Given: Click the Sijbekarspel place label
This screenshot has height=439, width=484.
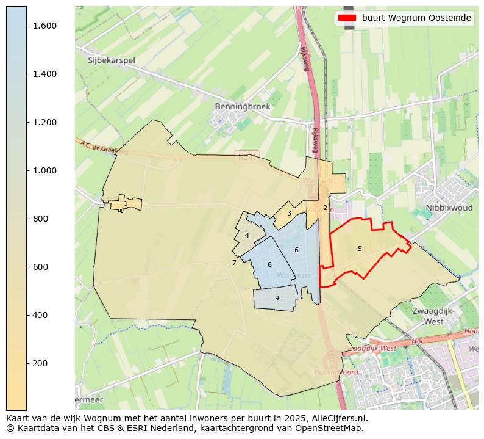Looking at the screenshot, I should click(x=111, y=60).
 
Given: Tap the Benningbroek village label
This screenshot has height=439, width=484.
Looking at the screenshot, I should click(x=242, y=106).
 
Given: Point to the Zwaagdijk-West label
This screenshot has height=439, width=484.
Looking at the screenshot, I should click(x=433, y=316).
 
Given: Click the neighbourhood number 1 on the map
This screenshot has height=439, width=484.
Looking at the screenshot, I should click(x=126, y=204).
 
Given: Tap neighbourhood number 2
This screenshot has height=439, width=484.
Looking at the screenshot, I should click(x=325, y=208).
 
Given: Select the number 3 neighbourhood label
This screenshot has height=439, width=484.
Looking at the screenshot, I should click(x=289, y=214).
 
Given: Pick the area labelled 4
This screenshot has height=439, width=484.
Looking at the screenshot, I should click(x=247, y=236).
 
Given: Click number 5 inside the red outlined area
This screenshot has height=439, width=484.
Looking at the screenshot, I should click(x=360, y=249).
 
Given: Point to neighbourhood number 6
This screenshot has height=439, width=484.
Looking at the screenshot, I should click(x=296, y=250).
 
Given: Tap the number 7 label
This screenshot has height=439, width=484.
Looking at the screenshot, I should click(x=234, y=263).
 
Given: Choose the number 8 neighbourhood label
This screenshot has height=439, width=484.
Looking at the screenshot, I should click(x=269, y=265).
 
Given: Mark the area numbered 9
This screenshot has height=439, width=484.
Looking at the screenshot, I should click(x=277, y=299).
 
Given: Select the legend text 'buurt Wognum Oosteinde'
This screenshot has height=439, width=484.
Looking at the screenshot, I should click(x=416, y=18).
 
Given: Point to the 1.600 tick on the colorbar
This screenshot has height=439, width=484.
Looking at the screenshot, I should click(x=44, y=26).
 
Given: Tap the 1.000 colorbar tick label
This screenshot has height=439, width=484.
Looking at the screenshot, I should click(x=44, y=170).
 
